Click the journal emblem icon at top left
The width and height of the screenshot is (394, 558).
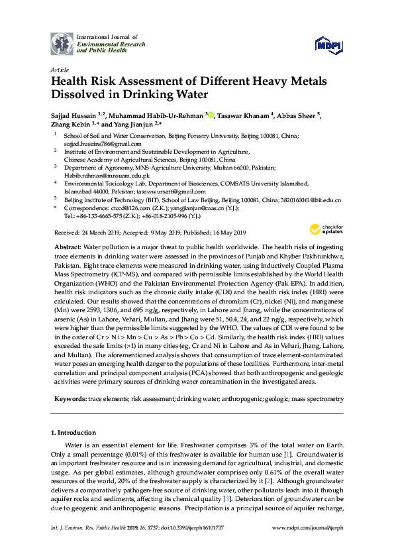pos(62,43)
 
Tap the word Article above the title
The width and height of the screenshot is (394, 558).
pos(58,70)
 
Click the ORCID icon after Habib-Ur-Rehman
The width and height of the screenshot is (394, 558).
pos(211,116)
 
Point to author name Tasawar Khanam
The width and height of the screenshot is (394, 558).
pos(242,116)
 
